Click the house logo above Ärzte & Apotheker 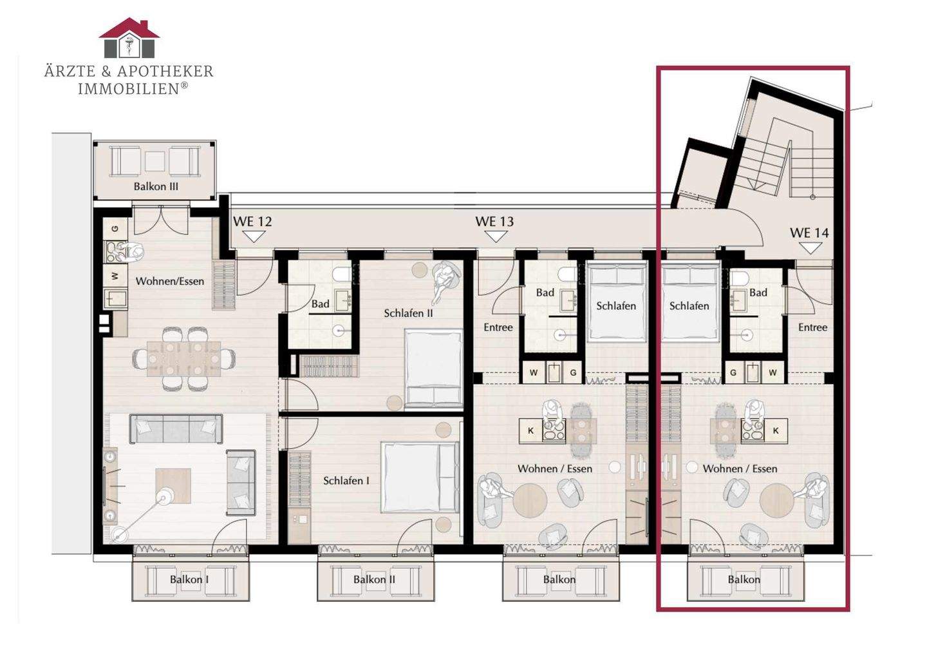[x=129, y=37]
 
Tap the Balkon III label [x=156, y=186]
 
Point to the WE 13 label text [x=494, y=221]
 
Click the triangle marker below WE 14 [x=810, y=249]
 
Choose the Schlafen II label [x=408, y=313]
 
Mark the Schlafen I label [x=346, y=481]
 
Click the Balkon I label [x=189, y=579]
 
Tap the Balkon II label [x=374, y=579]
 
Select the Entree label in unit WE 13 [x=498, y=327]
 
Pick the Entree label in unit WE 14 [x=813, y=327]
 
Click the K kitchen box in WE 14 [x=776, y=430]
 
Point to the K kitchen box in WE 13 [x=531, y=430]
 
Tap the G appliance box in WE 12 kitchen [x=115, y=228]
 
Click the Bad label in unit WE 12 [x=321, y=304]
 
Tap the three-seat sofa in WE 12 [x=176, y=429]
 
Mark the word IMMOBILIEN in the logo [x=129, y=89]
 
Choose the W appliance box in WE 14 [x=772, y=372]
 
